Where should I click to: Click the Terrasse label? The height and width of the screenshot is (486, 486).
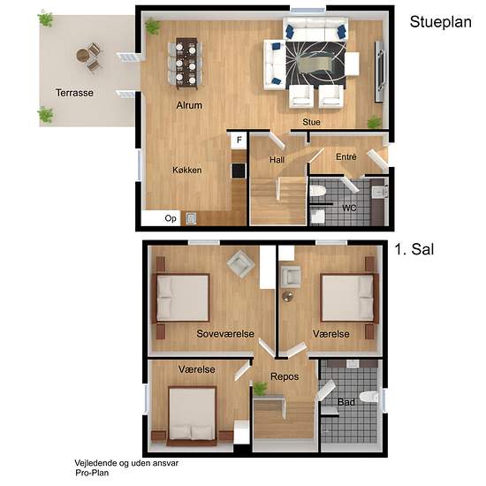74,93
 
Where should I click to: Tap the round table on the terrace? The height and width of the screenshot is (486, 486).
83,56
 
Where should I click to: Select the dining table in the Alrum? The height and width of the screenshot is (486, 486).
186,64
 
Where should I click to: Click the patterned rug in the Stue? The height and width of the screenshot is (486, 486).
315,64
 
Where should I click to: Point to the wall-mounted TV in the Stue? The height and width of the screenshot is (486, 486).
380,72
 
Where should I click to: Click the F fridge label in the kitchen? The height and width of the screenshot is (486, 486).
239,140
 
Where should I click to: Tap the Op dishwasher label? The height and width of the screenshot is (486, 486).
171,218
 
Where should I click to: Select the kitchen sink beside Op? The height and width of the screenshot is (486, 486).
191,218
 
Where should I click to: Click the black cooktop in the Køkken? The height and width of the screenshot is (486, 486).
239,171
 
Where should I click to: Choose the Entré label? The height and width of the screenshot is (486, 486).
346,156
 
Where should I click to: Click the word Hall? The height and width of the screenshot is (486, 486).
277,160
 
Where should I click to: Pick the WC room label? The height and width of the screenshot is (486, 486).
349,208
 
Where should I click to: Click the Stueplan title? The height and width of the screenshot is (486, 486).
440,22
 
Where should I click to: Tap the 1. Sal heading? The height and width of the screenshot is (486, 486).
414,249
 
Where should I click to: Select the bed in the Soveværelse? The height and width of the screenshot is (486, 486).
181,298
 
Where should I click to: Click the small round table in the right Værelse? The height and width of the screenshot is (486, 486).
288,297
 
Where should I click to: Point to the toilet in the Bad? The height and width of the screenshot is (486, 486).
369,397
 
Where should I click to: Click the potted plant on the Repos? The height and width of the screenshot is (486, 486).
260,389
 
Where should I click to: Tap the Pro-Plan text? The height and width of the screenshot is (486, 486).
92,473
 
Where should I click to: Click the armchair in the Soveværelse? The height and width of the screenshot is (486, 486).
240,264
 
